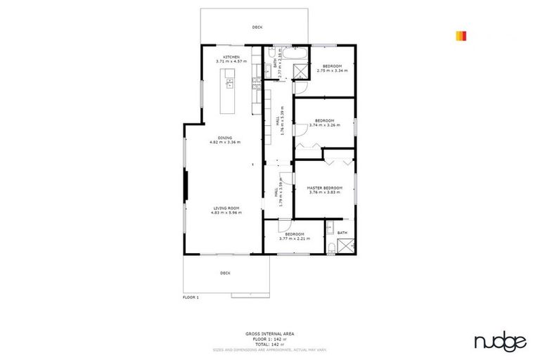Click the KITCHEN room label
click(231, 57)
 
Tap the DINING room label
click(225, 138)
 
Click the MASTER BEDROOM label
click(325, 188)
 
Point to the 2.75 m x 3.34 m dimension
click(332, 70)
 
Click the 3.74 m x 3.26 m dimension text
click(324, 125)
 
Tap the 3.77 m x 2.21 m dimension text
click(295, 238)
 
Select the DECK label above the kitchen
click(257, 27)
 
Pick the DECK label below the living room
click(225, 273)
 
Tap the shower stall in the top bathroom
click(299, 70)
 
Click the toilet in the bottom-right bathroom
click(330, 246)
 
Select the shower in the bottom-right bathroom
click(345, 246)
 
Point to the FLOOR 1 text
click(191, 297)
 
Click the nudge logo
click(500, 342)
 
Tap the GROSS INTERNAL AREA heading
click(269, 333)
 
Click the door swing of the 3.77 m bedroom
click(283, 224)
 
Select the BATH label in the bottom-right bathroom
click(342, 233)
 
